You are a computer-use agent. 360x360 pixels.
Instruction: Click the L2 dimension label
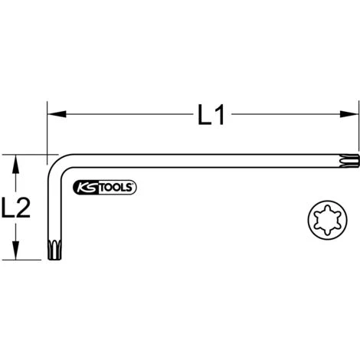click(x=16, y=208)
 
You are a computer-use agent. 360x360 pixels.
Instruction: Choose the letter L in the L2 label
click(x=8, y=208)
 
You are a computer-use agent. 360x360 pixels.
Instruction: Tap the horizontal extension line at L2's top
click(x=27, y=154)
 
